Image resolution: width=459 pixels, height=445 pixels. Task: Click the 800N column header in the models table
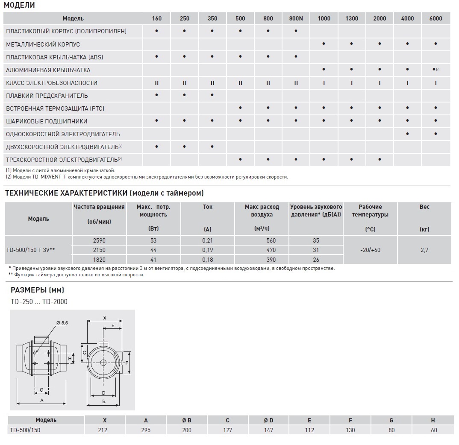296,18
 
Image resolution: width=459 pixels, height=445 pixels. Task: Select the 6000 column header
435,18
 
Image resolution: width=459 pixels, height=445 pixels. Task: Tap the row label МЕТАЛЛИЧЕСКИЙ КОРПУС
43,44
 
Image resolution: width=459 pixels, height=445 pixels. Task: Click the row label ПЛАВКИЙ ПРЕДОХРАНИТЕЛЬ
47,96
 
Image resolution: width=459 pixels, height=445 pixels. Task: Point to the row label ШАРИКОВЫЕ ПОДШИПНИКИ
47,121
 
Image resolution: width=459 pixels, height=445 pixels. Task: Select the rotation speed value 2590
99,240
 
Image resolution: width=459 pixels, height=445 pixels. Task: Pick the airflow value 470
271,250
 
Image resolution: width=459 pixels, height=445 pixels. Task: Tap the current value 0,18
207,259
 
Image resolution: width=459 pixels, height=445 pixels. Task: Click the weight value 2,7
424,250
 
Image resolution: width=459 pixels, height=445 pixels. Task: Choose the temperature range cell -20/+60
370,250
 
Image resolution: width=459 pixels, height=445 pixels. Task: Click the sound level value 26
316,259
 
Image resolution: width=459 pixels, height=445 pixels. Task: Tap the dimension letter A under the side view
41,401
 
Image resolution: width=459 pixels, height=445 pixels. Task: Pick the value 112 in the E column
309,430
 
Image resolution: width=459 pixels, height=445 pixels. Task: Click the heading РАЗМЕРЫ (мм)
37,290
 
